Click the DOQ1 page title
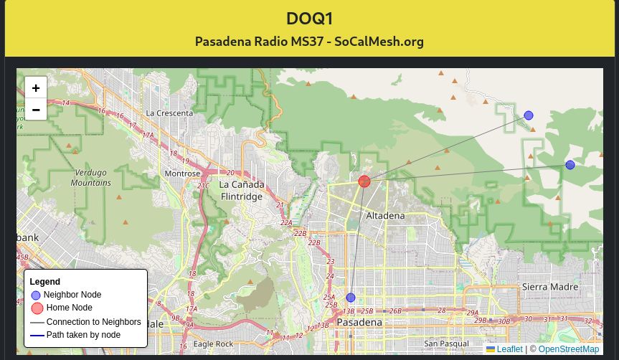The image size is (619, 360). (x=309, y=18)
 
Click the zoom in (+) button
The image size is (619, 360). (x=36, y=87)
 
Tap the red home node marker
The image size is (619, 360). (x=364, y=181)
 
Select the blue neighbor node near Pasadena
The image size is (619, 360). (x=351, y=298)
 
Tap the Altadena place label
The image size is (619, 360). (x=385, y=215)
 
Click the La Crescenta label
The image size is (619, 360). (x=169, y=113)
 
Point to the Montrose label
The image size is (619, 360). (x=182, y=174)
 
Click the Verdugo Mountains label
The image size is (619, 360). (x=90, y=178)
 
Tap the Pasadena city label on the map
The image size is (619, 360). (x=359, y=323)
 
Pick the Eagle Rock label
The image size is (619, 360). (x=213, y=344)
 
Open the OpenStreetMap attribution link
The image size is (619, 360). (x=568, y=349)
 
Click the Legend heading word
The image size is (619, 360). (x=44, y=282)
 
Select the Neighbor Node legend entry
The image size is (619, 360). (x=72, y=295)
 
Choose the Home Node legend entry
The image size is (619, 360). (x=69, y=308)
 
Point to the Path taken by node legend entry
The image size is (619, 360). (x=83, y=335)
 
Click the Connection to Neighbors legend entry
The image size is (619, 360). (x=93, y=322)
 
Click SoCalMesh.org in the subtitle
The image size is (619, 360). (x=379, y=41)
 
